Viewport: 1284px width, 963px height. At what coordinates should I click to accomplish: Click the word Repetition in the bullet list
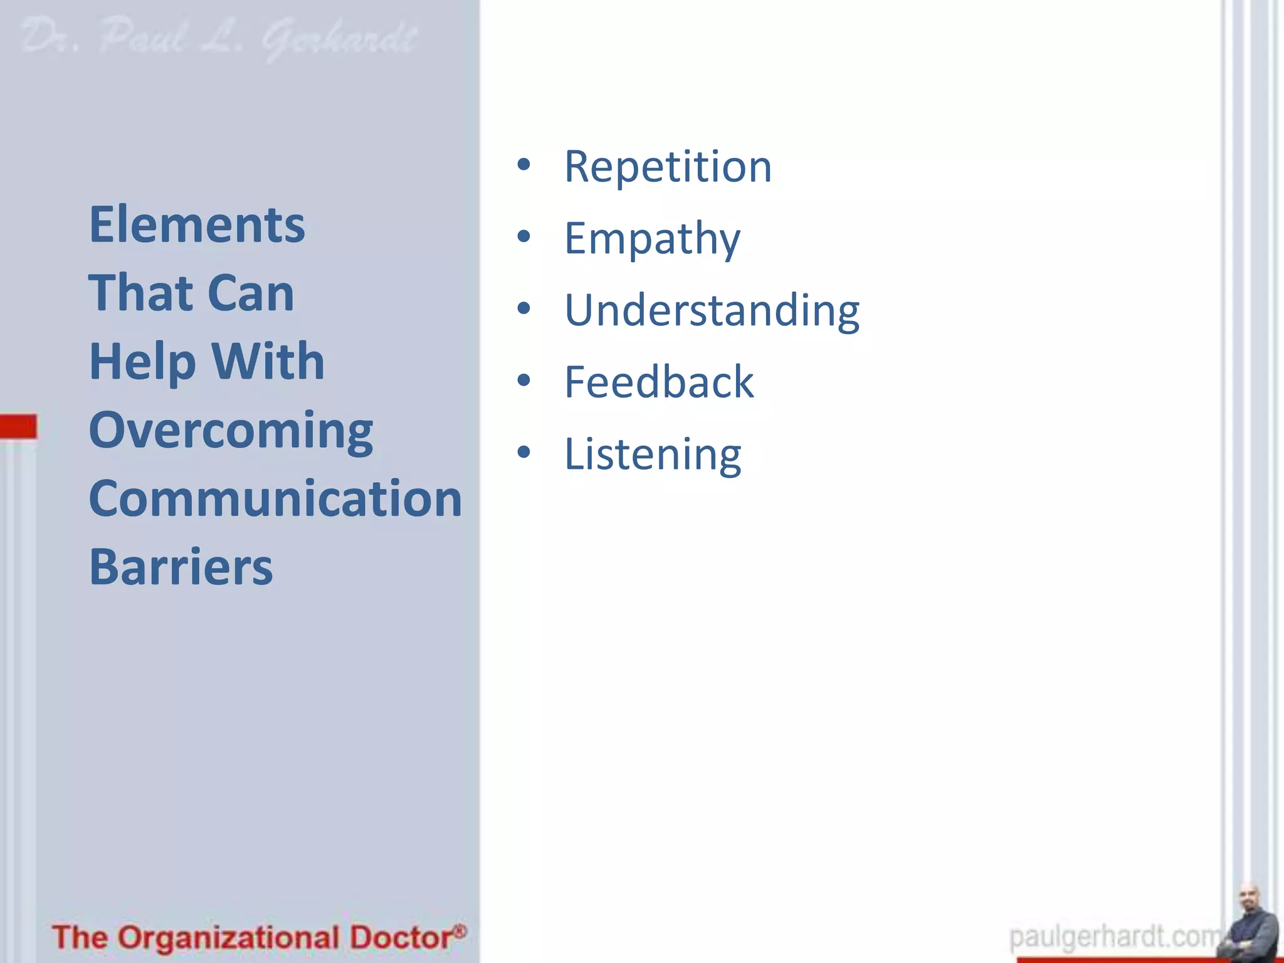(668, 167)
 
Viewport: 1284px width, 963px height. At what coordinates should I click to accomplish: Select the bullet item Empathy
(652, 239)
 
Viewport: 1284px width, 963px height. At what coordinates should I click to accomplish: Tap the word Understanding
(712, 310)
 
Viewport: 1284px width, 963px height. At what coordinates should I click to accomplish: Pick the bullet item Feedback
(658, 382)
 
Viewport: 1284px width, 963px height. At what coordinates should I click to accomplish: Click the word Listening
(652, 454)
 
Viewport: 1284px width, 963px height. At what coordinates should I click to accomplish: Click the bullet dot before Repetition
(524, 165)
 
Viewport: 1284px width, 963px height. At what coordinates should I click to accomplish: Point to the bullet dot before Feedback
(524, 380)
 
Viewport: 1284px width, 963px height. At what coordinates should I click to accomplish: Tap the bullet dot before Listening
(524, 452)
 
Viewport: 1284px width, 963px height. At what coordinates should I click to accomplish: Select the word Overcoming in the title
(231, 431)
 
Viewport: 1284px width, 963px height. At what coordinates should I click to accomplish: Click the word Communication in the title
(275, 498)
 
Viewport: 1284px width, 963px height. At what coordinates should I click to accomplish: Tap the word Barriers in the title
(181, 567)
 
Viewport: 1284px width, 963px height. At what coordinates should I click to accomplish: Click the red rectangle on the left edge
(18, 426)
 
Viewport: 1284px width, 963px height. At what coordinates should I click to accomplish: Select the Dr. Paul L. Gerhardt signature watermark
(219, 39)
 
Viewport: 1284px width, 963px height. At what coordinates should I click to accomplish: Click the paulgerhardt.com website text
(1113, 937)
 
